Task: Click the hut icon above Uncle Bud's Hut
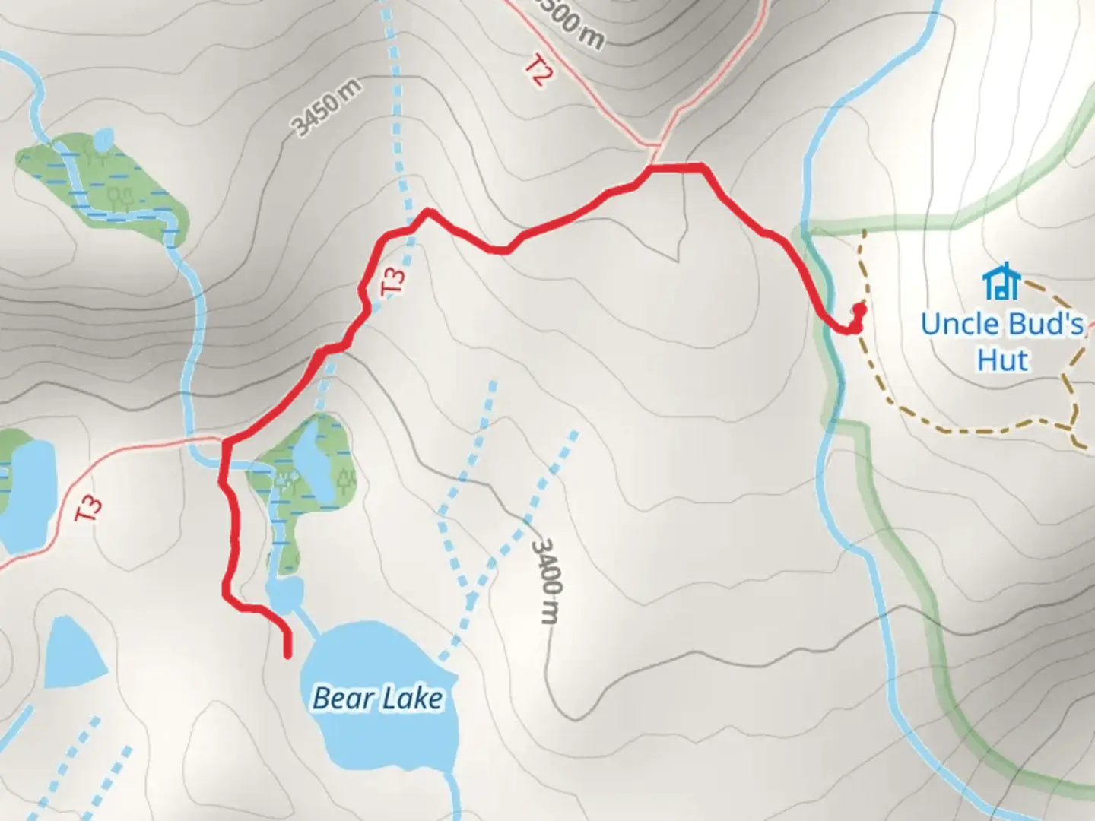pyautogui.click(x=1001, y=282)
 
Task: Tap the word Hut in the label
pyautogui.click(x=1004, y=360)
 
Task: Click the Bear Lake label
pyautogui.click(x=377, y=697)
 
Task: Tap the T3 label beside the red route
pyautogui.click(x=394, y=279)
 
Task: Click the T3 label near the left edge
pyautogui.click(x=90, y=508)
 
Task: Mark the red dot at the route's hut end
pyautogui.click(x=859, y=309)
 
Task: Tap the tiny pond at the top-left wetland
pyautogui.click(x=103, y=138)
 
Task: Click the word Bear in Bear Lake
pyautogui.click(x=341, y=697)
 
